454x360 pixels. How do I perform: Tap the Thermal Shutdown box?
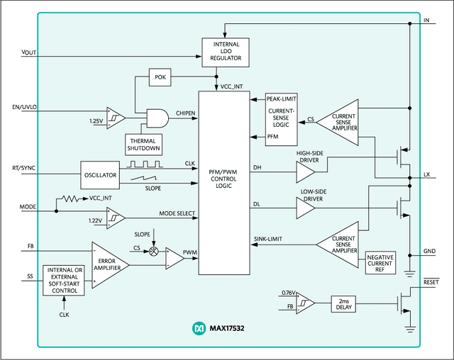[143, 143]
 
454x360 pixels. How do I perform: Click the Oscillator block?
[99, 176]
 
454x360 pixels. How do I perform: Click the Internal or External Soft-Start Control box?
[64, 280]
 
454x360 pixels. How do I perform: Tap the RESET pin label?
[431, 281]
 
